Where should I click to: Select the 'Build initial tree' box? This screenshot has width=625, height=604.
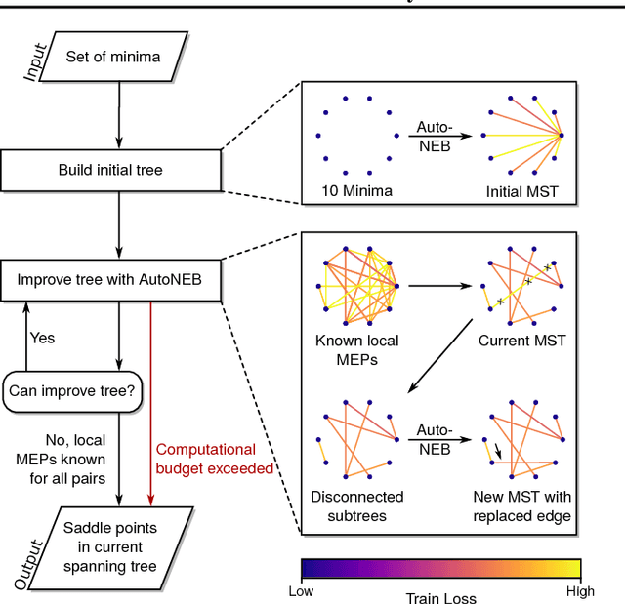pyautogui.click(x=110, y=170)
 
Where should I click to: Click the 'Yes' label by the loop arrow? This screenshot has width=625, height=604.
pyautogui.click(x=42, y=339)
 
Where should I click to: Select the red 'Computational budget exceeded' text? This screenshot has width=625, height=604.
pyautogui.click(x=213, y=459)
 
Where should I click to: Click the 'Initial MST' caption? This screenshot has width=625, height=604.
pyautogui.click(x=521, y=191)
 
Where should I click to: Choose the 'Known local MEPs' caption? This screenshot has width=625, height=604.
pyautogui.click(x=357, y=350)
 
